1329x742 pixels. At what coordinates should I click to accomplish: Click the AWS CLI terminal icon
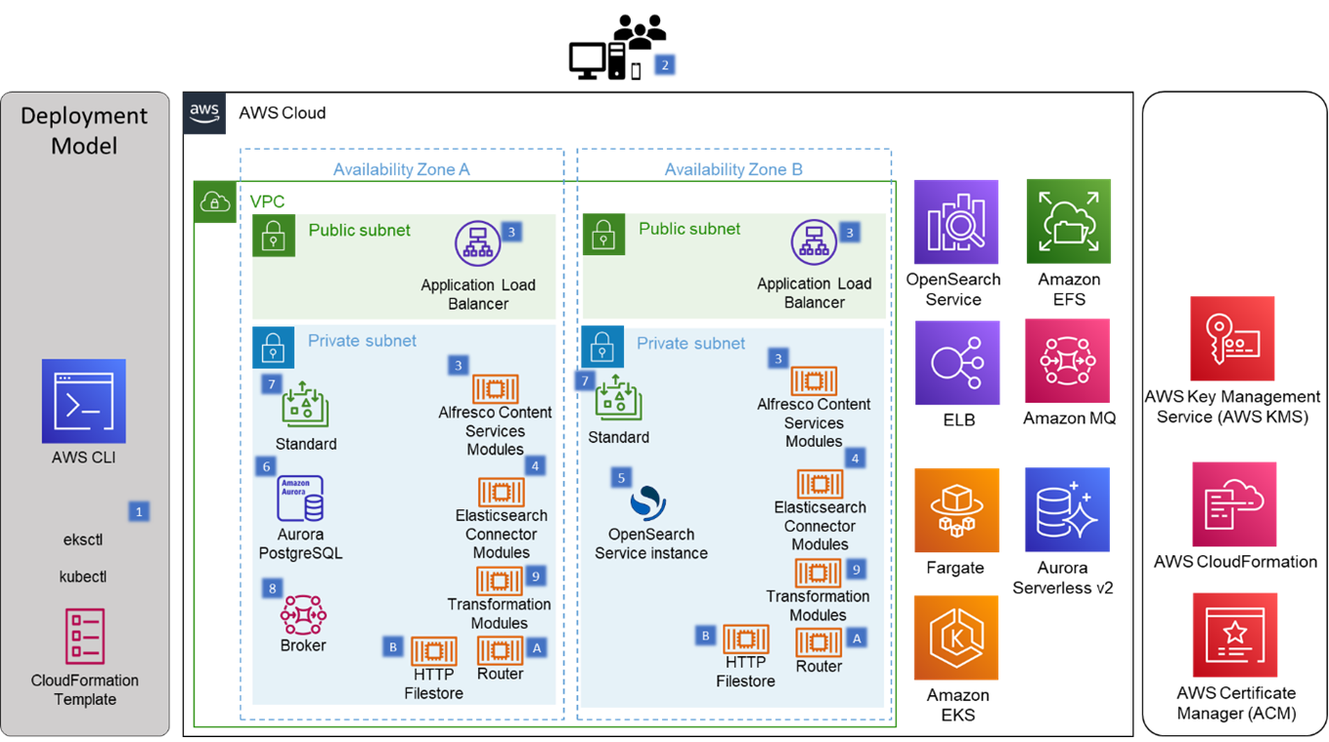point(83,401)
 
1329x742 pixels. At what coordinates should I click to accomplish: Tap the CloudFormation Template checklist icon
point(85,636)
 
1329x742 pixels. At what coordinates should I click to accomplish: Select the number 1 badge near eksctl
point(139,511)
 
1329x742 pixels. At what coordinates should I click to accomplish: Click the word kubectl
point(83,577)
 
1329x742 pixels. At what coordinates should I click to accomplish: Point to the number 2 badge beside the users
point(665,65)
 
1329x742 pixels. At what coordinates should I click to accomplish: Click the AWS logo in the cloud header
point(204,112)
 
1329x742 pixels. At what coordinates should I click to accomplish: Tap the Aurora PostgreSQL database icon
point(300,499)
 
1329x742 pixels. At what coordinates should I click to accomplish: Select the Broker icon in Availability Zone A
point(303,614)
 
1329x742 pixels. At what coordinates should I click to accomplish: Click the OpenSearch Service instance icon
point(648,503)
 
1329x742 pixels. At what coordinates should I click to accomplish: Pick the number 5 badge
point(620,477)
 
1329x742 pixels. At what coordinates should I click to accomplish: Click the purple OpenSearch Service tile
point(955,222)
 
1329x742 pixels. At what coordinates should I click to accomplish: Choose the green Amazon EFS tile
point(1068,222)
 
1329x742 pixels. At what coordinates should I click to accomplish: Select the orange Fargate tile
point(955,510)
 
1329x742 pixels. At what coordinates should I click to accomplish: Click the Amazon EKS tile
point(955,637)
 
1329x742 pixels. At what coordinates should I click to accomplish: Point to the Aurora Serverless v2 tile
point(1067,510)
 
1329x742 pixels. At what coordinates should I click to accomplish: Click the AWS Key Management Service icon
point(1231,338)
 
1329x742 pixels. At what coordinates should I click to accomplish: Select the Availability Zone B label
point(733,169)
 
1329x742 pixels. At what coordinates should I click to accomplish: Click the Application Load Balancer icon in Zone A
point(477,243)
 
